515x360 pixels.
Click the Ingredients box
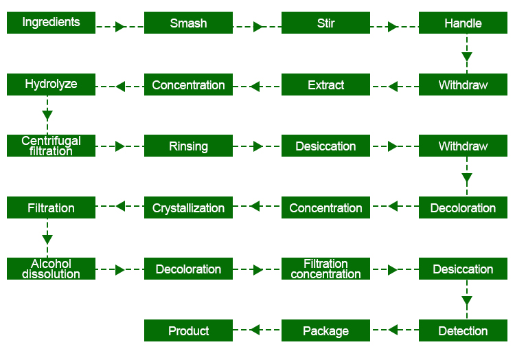pyautogui.click(x=51, y=23)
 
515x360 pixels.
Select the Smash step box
pyautogui.click(x=188, y=23)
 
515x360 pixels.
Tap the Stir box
pyautogui.click(x=325, y=23)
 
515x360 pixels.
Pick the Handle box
pyautogui.click(x=463, y=23)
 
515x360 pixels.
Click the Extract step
pyautogui.click(x=325, y=85)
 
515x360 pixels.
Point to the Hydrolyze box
pyautogui.click(x=51, y=85)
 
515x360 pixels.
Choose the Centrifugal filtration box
pyautogui.click(x=51, y=146)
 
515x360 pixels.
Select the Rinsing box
pyautogui.click(x=188, y=146)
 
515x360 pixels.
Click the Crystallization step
pyautogui.click(x=188, y=207)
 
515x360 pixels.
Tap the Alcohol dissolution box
pyautogui.click(x=51, y=269)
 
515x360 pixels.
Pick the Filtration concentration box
pyautogui.click(x=325, y=269)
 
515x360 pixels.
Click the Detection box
pyautogui.click(x=463, y=330)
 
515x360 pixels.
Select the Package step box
pyautogui.click(x=325, y=330)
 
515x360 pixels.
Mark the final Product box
pyautogui.click(x=188, y=330)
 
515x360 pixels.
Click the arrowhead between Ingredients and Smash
pyautogui.click(x=120, y=27)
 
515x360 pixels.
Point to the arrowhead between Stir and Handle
pyautogui.click(x=393, y=27)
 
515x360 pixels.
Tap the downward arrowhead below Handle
pyautogui.click(x=467, y=57)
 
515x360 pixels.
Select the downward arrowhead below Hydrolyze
pyautogui.click(x=47, y=115)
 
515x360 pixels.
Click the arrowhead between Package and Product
pyautogui.click(x=255, y=330)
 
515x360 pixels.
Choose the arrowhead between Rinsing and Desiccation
pyautogui.click(x=257, y=146)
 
